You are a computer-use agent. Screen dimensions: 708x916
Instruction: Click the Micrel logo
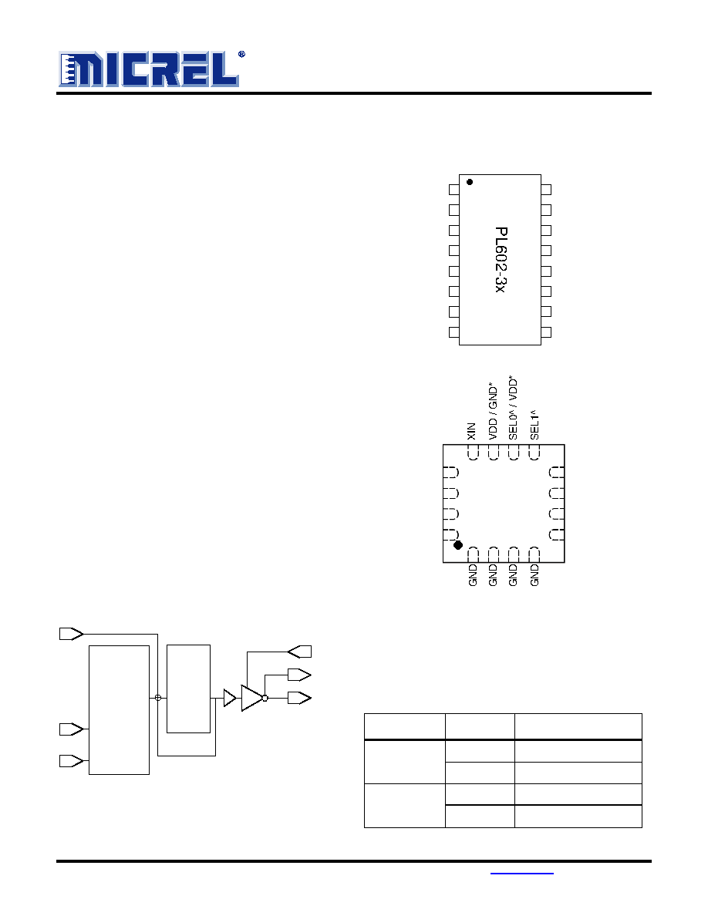coord(149,69)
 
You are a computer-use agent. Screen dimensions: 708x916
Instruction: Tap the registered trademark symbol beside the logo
coord(241,54)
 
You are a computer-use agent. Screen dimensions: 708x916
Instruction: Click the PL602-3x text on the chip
coord(501,259)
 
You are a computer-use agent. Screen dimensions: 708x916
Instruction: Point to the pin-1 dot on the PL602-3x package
coord(470,182)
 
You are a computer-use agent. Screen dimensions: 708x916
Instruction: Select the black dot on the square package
coord(458,545)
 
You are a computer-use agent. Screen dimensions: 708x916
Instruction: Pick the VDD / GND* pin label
coord(493,411)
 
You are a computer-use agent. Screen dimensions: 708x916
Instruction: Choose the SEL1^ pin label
coord(534,424)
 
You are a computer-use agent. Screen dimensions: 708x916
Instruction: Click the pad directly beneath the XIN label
coord(473,453)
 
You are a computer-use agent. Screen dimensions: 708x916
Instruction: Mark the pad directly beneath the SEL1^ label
coord(534,453)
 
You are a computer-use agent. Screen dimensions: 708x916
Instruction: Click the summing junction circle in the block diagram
coord(158,698)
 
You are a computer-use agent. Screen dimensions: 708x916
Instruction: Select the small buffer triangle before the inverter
coord(230,698)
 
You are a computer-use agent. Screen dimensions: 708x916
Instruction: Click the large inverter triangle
coord(251,698)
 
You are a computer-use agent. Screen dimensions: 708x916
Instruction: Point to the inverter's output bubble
coord(265,698)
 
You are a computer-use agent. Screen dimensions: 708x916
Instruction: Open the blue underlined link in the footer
coord(521,874)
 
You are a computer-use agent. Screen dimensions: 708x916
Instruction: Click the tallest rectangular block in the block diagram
coord(120,710)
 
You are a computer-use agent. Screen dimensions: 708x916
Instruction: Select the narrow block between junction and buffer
coord(189,689)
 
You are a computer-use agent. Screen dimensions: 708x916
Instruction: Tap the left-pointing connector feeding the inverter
coord(300,652)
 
